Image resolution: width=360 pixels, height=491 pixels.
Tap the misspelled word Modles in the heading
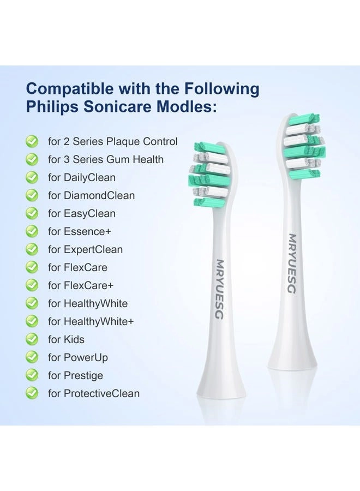(186, 106)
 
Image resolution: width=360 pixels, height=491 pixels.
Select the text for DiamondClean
(91, 195)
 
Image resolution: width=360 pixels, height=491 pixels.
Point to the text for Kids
(66, 339)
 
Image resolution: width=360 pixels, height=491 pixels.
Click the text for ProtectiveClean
(94, 393)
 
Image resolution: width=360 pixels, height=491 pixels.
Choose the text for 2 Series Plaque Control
(113, 141)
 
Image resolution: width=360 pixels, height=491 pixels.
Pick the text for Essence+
(80, 231)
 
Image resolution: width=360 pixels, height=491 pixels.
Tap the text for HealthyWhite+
(91, 321)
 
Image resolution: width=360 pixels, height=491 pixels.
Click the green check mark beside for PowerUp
(32, 357)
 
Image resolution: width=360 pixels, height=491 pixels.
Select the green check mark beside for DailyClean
(32, 177)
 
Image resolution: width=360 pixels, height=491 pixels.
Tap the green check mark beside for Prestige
(32, 375)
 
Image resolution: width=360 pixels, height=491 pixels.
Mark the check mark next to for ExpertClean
(32, 249)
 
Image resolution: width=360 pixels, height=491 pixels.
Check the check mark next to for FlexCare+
(32, 285)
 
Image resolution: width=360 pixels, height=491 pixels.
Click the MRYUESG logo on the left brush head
(219, 289)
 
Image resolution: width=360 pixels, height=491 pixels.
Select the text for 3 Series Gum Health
(106, 159)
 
